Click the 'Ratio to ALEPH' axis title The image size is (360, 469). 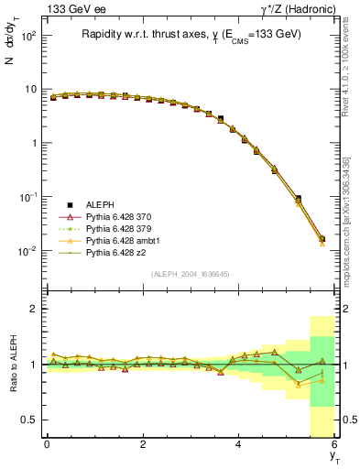pyautogui.click(x=12, y=365)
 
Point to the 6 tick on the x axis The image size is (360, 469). pyautogui.click(x=335, y=444)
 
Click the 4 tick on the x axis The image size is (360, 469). pyautogui.click(x=239, y=444)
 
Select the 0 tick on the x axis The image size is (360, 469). pyautogui.click(x=47, y=444)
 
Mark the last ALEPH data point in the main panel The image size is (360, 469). pyautogui.click(x=322, y=239)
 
